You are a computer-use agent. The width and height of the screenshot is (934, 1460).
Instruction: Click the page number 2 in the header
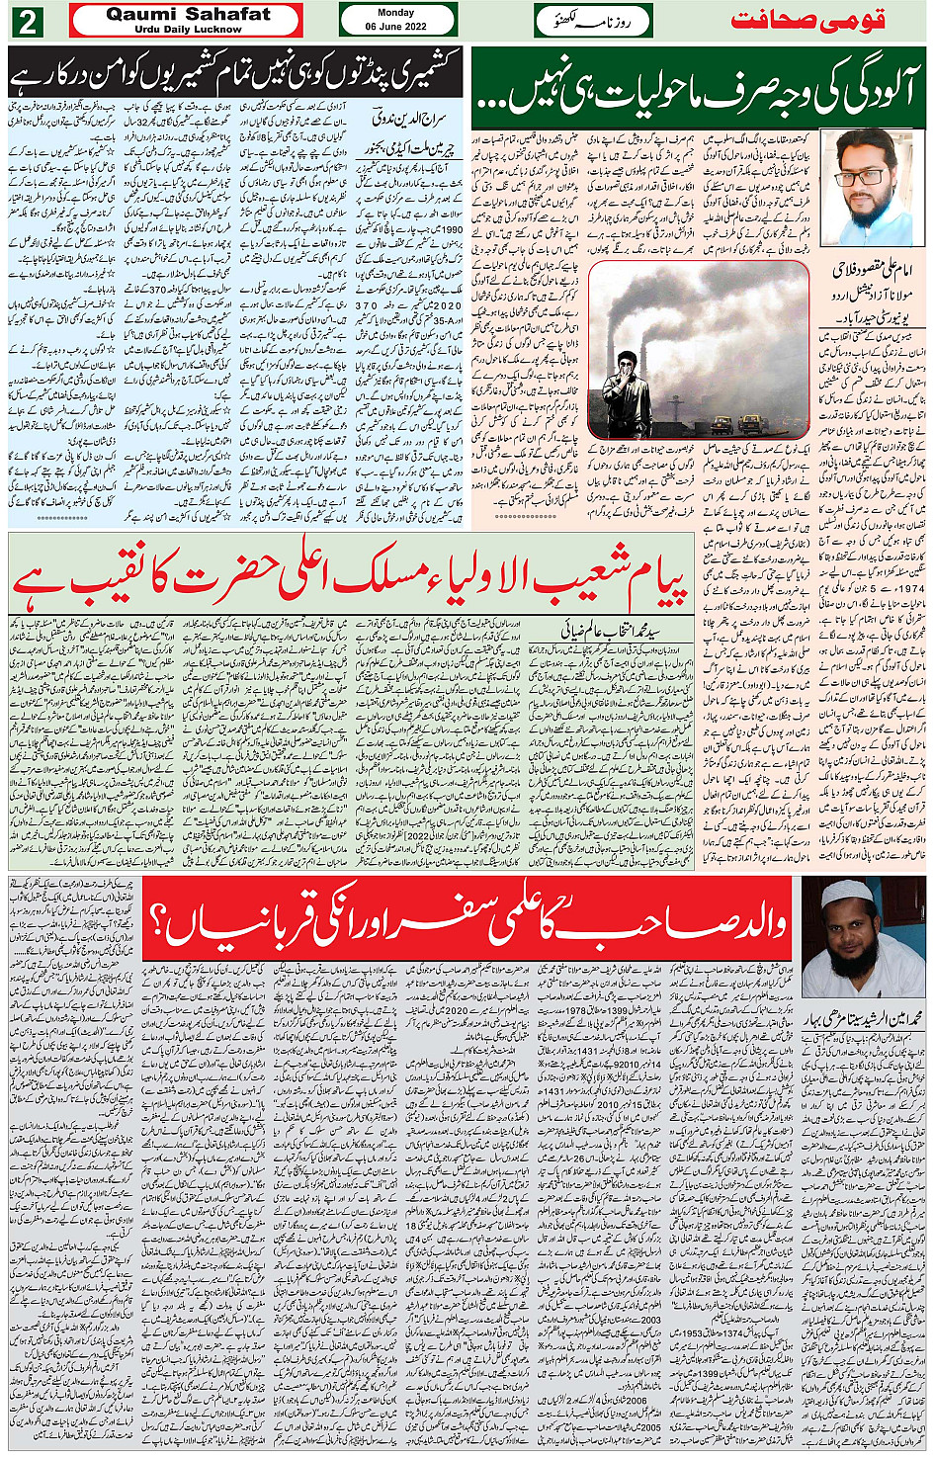click(x=26, y=21)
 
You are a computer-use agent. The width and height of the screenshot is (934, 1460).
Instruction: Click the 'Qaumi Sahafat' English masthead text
click(x=188, y=14)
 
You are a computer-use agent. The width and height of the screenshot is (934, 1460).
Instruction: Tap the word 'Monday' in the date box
click(x=396, y=13)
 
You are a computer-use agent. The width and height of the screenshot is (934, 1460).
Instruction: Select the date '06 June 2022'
click(x=396, y=27)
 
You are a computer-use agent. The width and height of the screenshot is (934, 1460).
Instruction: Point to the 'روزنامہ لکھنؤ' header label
click(x=592, y=20)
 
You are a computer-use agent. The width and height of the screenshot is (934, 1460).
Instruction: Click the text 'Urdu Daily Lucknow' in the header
click(x=188, y=30)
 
